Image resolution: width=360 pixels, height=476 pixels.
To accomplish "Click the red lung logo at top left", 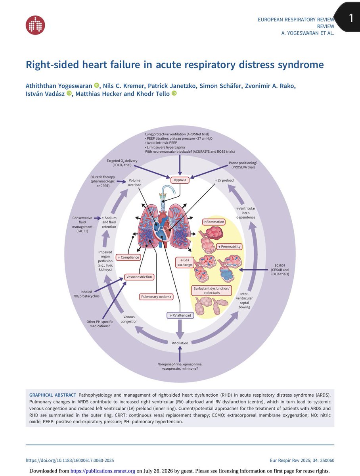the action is [35, 25].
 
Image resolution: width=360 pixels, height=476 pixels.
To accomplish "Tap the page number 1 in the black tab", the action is [351, 18].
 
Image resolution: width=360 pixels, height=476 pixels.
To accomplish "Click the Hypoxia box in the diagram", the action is [180, 180].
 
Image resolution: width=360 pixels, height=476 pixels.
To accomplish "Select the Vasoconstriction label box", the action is [139, 277].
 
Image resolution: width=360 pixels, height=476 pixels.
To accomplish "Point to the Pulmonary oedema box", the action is [156, 297].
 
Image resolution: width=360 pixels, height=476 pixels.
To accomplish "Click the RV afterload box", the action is [180, 315].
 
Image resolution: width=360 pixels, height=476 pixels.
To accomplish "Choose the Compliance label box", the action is [128, 257].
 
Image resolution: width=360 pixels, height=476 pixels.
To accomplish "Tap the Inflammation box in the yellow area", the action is [214, 222].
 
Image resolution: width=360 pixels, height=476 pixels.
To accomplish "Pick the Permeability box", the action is [229, 247].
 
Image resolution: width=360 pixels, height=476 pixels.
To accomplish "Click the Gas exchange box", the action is [184, 262].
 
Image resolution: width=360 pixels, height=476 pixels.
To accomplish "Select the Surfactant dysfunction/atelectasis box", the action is [211, 291].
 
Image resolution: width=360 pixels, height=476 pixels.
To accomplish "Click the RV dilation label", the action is [180, 343].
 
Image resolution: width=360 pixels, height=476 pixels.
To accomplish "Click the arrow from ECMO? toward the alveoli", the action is [253, 270].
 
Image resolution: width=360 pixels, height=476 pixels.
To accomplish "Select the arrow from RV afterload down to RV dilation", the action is [180, 329].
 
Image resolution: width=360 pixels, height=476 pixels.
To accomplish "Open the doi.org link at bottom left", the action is [70, 461].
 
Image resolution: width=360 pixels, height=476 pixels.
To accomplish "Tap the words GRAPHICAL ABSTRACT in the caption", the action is [53, 395].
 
